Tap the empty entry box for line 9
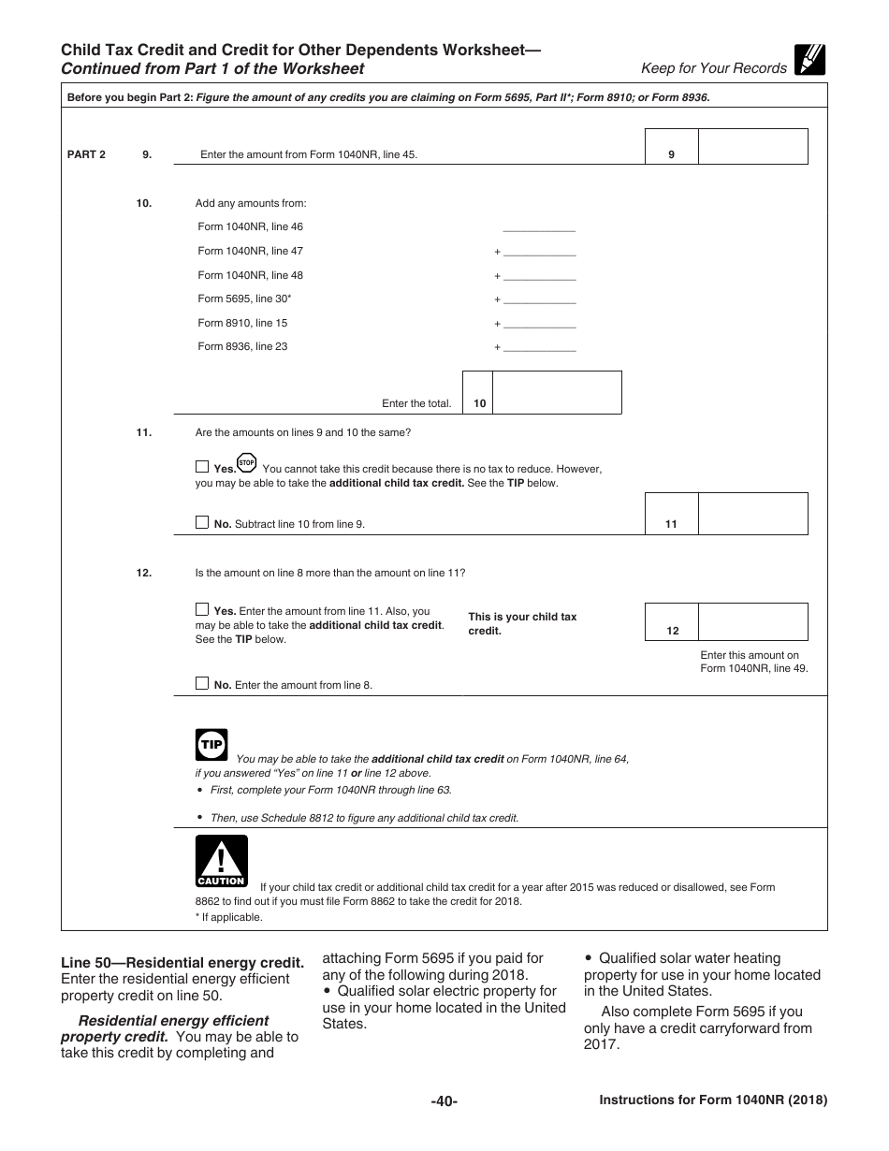[753, 147]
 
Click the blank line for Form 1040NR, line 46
[539, 226]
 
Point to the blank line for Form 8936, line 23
[539, 347]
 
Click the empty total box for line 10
[557, 392]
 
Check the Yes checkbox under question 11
[202, 467]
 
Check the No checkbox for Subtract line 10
[202, 523]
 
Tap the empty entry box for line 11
[753, 514]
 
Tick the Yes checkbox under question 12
[202, 609]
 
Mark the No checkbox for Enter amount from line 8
[202, 683]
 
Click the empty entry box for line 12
[753, 621]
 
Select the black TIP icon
[211, 745]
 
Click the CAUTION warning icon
[221, 860]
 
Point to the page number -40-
[444, 1101]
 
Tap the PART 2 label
[86, 154]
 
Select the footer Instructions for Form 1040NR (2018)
[713, 1101]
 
